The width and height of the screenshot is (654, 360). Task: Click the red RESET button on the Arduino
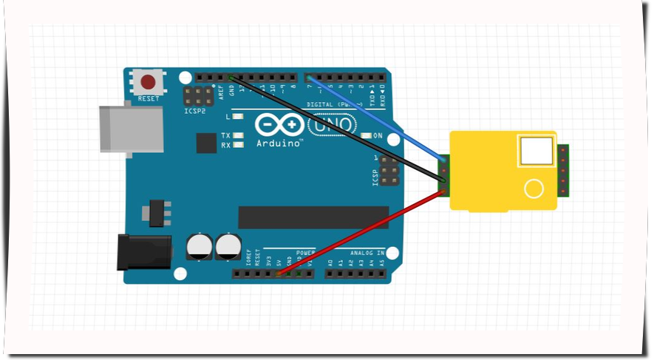click(149, 81)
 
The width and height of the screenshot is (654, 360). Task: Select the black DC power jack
click(145, 251)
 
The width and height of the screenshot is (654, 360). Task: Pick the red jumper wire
click(362, 232)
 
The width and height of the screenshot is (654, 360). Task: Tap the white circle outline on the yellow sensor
click(534, 189)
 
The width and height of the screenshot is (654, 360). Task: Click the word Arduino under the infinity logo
click(279, 143)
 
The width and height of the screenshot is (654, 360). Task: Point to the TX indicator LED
click(238, 135)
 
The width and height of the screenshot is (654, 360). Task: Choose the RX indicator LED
click(238, 145)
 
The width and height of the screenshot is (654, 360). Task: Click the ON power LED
click(367, 136)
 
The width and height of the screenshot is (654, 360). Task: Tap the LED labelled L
click(238, 117)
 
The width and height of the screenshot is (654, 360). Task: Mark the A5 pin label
click(383, 262)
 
